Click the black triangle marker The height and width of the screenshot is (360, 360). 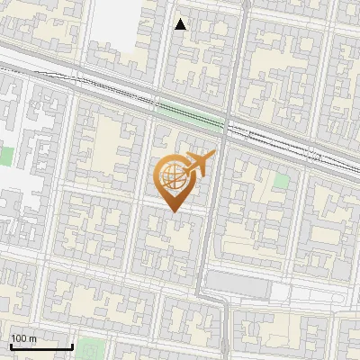tap(181, 24)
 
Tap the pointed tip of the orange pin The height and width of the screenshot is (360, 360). tap(174, 211)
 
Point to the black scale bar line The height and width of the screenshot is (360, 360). tap(40, 346)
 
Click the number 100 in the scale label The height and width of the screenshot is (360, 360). tap(19, 338)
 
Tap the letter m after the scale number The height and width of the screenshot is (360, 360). tap(32, 338)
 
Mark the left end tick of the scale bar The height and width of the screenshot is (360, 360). tap(10, 345)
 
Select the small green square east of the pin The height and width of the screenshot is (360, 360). tap(282, 180)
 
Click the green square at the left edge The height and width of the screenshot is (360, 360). tap(5, 156)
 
